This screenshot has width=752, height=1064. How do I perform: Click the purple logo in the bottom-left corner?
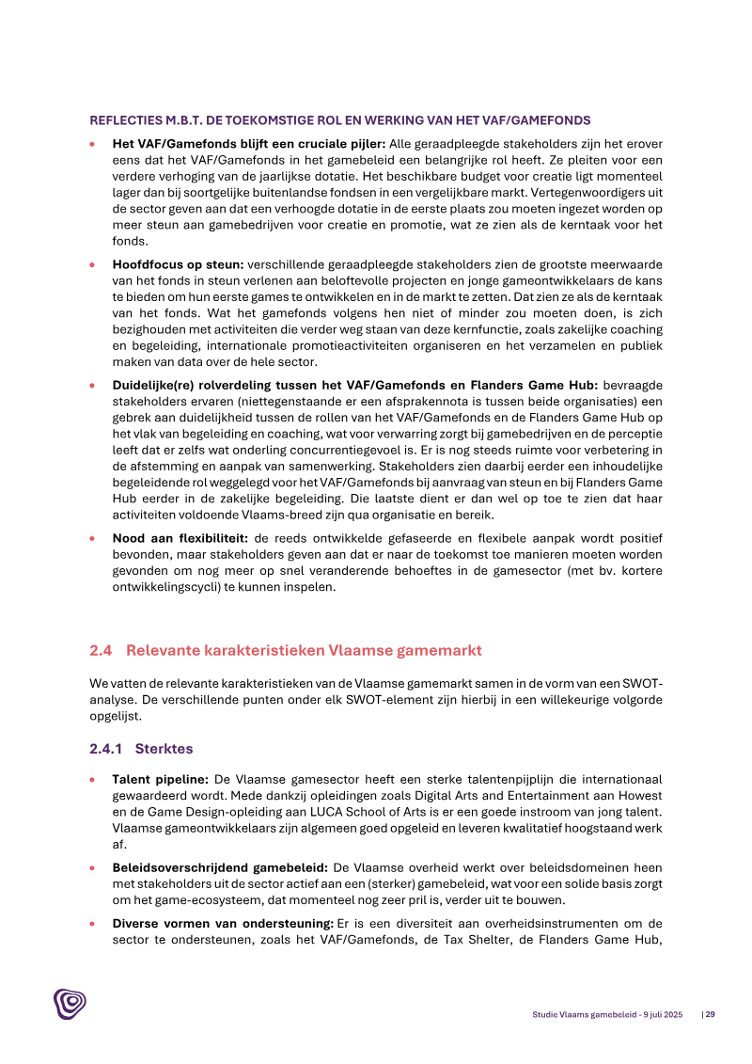[x=70, y=1006]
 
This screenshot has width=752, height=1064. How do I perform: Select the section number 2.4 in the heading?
[x=101, y=650]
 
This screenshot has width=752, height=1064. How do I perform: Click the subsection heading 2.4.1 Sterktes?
[x=140, y=749]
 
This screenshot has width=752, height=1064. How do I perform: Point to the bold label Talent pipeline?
[x=161, y=780]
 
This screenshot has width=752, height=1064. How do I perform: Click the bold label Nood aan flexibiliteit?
[x=180, y=538]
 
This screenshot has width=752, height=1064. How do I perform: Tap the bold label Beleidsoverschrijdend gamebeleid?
[x=220, y=867]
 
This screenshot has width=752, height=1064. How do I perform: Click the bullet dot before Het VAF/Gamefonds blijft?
[x=92, y=145]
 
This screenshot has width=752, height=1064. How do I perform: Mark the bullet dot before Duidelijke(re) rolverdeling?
[x=92, y=386]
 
